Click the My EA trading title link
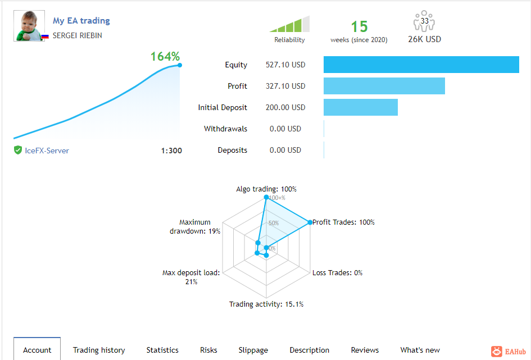click(81, 21)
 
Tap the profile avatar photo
click(29, 26)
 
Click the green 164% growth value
click(165, 56)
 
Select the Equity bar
click(421, 65)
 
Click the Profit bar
click(384, 86)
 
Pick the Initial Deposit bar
click(360, 107)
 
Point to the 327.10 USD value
click(285, 86)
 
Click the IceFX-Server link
click(47, 151)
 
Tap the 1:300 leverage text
click(171, 151)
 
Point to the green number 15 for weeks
click(359, 26)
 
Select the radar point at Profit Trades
click(310, 222)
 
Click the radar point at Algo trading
click(266, 197)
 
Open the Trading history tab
click(99, 350)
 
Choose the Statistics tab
click(162, 350)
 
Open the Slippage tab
click(253, 350)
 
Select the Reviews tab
click(365, 350)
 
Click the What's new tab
click(420, 350)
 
